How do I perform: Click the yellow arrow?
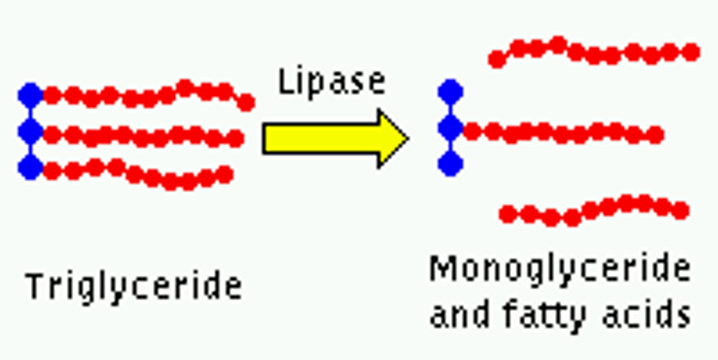(335, 138)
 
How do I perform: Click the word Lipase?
(332, 82)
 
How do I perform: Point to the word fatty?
(544, 314)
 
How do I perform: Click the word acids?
(646, 314)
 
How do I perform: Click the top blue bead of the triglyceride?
(30, 95)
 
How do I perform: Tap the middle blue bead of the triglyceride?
(30, 131)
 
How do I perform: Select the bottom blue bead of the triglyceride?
(30, 168)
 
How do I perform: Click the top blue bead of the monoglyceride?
(451, 92)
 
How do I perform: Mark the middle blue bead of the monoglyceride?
(451, 128)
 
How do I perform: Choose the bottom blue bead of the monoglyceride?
(451, 164)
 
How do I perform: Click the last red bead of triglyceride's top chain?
(246, 103)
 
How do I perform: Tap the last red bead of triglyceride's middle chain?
(235, 138)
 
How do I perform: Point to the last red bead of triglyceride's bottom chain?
(224, 175)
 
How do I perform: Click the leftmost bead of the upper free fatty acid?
(497, 60)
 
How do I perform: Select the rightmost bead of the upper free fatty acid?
(691, 52)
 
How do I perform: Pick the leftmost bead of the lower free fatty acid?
(508, 214)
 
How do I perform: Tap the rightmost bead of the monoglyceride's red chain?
(655, 135)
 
